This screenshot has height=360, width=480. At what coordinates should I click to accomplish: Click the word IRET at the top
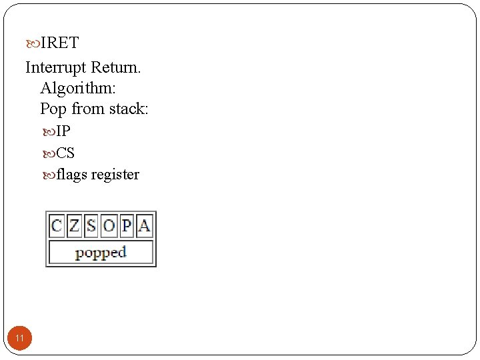click(x=59, y=43)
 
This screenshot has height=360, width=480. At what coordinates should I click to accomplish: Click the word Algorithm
click(x=77, y=88)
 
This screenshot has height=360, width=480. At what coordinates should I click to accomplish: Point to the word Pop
click(x=53, y=109)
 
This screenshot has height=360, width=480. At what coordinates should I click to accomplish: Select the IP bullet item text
click(x=63, y=131)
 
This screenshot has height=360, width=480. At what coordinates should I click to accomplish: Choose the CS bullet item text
click(x=65, y=153)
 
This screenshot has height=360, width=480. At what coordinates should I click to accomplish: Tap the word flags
click(x=72, y=175)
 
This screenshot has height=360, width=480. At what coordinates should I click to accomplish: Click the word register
click(x=115, y=175)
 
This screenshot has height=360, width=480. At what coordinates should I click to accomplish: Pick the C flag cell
click(x=57, y=226)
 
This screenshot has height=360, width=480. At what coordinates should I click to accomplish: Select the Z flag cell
click(x=74, y=226)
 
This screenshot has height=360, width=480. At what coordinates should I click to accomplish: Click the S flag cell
click(x=91, y=226)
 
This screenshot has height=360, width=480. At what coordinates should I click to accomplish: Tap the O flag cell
click(x=109, y=226)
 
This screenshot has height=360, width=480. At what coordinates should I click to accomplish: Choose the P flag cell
click(x=127, y=226)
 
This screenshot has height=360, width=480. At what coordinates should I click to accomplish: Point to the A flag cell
click(x=144, y=226)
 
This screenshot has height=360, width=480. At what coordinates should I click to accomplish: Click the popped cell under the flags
click(x=101, y=253)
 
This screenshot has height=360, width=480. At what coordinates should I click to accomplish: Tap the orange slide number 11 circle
click(x=20, y=339)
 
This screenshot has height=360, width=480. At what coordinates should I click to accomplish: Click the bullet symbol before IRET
click(x=33, y=44)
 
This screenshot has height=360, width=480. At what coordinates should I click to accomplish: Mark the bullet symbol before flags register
click(x=49, y=175)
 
